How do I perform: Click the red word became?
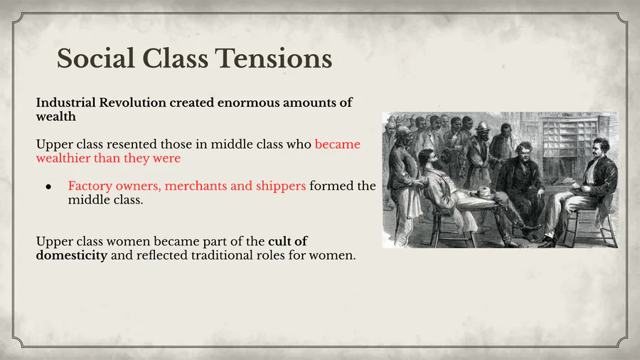[338, 144]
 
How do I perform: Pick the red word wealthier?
[63, 158]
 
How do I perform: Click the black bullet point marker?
[48, 186]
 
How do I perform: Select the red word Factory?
[90, 186]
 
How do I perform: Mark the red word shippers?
[281, 186]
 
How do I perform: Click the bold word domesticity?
[71, 255]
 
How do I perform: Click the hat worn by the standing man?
[483, 126]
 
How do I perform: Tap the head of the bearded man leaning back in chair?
[427, 159]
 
